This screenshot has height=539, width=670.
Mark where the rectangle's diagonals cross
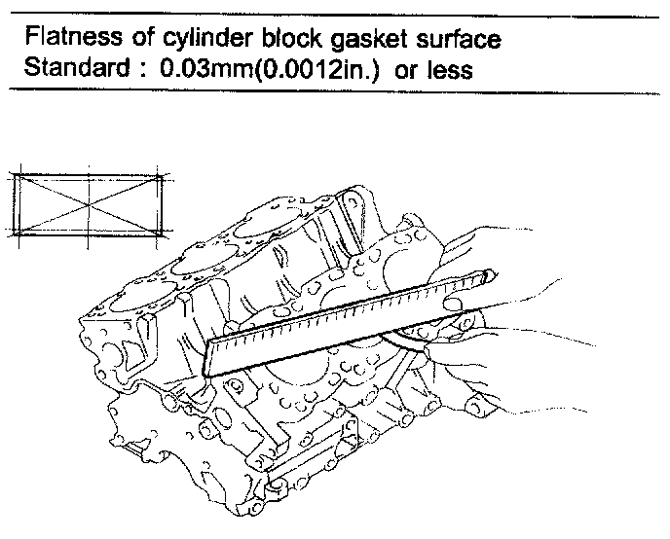(88, 204)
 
